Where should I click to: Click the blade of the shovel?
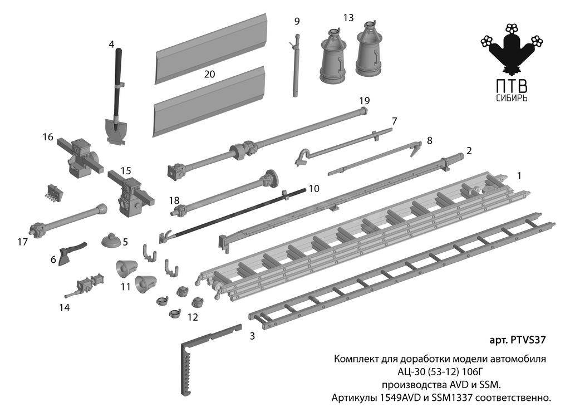(x=116, y=130)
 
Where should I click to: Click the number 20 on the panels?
(x=210, y=74)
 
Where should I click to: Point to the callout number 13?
(x=348, y=17)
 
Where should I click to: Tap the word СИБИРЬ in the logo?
(x=512, y=99)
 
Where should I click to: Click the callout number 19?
(x=364, y=101)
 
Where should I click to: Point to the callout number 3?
(x=252, y=336)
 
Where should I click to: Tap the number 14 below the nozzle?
(x=65, y=307)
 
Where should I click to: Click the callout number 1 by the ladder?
(x=519, y=176)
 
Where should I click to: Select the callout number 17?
(x=22, y=242)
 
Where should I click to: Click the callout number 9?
(x=297, y=22)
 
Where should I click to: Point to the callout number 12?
(x=193, y=317)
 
